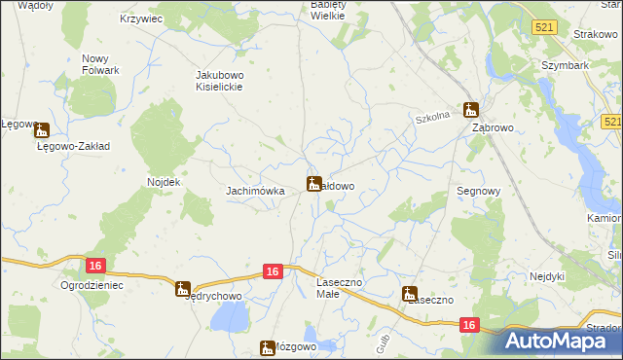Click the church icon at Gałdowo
pyautogui.click(x=314, y=183)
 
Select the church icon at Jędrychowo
pyautogui.click(x=182, y=289)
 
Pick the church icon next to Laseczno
pyautogui.click(x=410, y=292)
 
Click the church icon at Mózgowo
pyautogui.click(x=268, y=347)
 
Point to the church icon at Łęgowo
pyautogui.click(x=41, y=128)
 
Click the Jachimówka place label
pyautogui.click(x=255, y=192)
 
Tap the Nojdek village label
pyautogui.click(x=164, y=182)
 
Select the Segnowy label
pyautogui.click(x=478, y=192)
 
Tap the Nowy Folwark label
pyautogui.click(x=100, y=64)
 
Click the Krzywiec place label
pyautogui.click(x=139, y=18)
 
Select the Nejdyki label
pyautogui.click(x=547, y=276)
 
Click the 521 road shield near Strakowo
pyautogui.click(x=544, y=27)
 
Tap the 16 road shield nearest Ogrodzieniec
pyautogui.click(x=94, y=266)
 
